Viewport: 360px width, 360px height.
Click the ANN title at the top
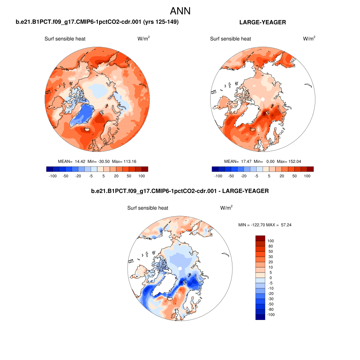pos(180,11)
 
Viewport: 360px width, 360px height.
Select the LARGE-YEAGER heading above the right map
pos(262,22)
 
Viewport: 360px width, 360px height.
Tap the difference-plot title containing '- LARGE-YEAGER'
pos(180,191)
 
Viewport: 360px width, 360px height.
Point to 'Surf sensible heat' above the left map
pos(65,39)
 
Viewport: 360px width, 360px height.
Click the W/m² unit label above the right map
pos(309,39)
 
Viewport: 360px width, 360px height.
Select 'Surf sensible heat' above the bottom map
pos(148,208)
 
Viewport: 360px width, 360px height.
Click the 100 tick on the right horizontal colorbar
pos(307,176)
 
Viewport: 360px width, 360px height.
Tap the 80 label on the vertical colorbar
pos(270,246)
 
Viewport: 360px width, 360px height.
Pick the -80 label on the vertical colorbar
pos(270,309)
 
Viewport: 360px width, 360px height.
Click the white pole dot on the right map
pos(262,99)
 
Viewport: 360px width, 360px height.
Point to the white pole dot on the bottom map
pos(180,269)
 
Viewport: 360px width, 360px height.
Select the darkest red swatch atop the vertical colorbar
pos(260,238)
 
